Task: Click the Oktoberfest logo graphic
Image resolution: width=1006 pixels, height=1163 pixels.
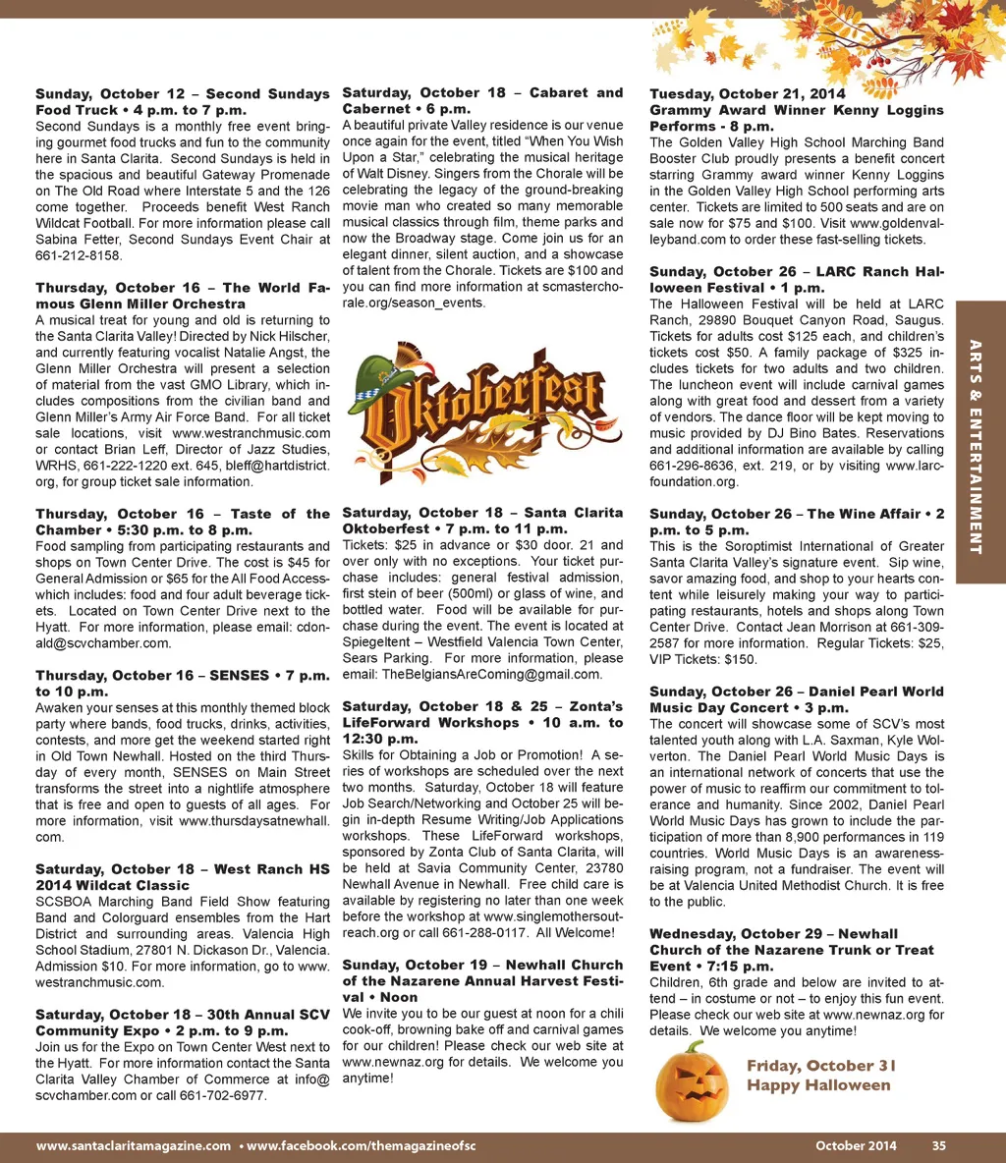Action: pyautogui.click(x=481, y=407)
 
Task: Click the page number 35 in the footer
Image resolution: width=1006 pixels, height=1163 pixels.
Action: pyautogui.click(x=939, y=1145)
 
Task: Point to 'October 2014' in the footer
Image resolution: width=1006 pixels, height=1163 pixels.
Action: pyautogui.click(x=856, y=1145)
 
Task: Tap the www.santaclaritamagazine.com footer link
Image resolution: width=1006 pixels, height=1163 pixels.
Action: pyautogui.click(x=134, y=1145)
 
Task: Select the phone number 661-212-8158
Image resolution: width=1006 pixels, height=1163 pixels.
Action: pyautogui.click(x=79, y=255)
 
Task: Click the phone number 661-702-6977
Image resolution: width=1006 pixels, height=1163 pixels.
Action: pyautogui.click(x=216, y=1094)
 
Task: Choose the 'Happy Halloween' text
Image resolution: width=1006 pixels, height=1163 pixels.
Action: pyautogui.click(x=818, y=1085)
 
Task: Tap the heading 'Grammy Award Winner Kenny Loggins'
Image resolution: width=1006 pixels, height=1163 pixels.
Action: pyautogui.click(x=796, y=110)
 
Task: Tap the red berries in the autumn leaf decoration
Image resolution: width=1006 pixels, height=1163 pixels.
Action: pyautogui.click(x=879, y=59)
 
